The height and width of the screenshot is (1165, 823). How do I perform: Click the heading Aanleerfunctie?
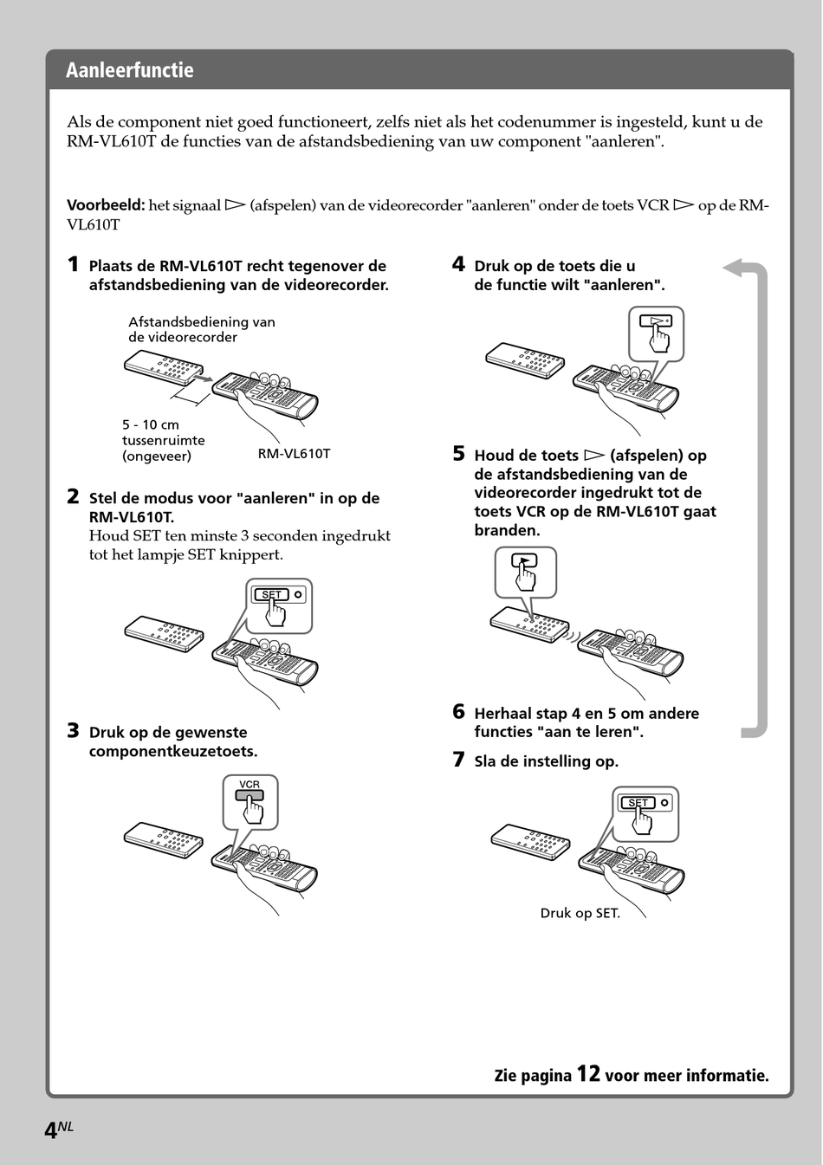(x=130, y=70)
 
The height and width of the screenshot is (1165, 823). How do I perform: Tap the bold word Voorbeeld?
(x=106, y=205)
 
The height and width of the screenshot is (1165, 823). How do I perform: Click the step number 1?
(x=74, y=264)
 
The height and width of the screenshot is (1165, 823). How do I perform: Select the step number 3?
(x=74, y=731)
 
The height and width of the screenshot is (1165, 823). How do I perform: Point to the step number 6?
(x=458, y=711)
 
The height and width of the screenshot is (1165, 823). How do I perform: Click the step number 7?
(x=458, y=760)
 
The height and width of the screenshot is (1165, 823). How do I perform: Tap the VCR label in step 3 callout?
(x=249, y=784)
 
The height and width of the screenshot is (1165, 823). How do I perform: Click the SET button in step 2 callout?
(x=270, y=594)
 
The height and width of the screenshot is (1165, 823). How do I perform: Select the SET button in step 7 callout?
(x=637, y=802)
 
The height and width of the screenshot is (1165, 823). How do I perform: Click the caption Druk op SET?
(x=580, y=913)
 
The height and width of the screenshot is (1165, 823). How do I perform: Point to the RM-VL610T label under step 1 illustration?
(x=294, y=454)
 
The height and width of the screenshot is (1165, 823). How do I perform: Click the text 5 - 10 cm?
(x=151, y=424)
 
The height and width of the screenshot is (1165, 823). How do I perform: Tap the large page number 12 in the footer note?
(x=588, y=1073)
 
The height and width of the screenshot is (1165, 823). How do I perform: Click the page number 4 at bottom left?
(x=50, y=1130)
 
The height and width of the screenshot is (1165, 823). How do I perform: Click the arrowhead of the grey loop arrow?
(x=732, y=268)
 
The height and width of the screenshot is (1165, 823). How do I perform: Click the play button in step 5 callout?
(x=524, y=560)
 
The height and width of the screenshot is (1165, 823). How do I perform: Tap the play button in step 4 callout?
(x=656, y=320)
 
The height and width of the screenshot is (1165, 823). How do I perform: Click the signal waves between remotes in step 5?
(x=572, y=637)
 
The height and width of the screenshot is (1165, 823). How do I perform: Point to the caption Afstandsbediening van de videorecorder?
(x=202, y=329)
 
